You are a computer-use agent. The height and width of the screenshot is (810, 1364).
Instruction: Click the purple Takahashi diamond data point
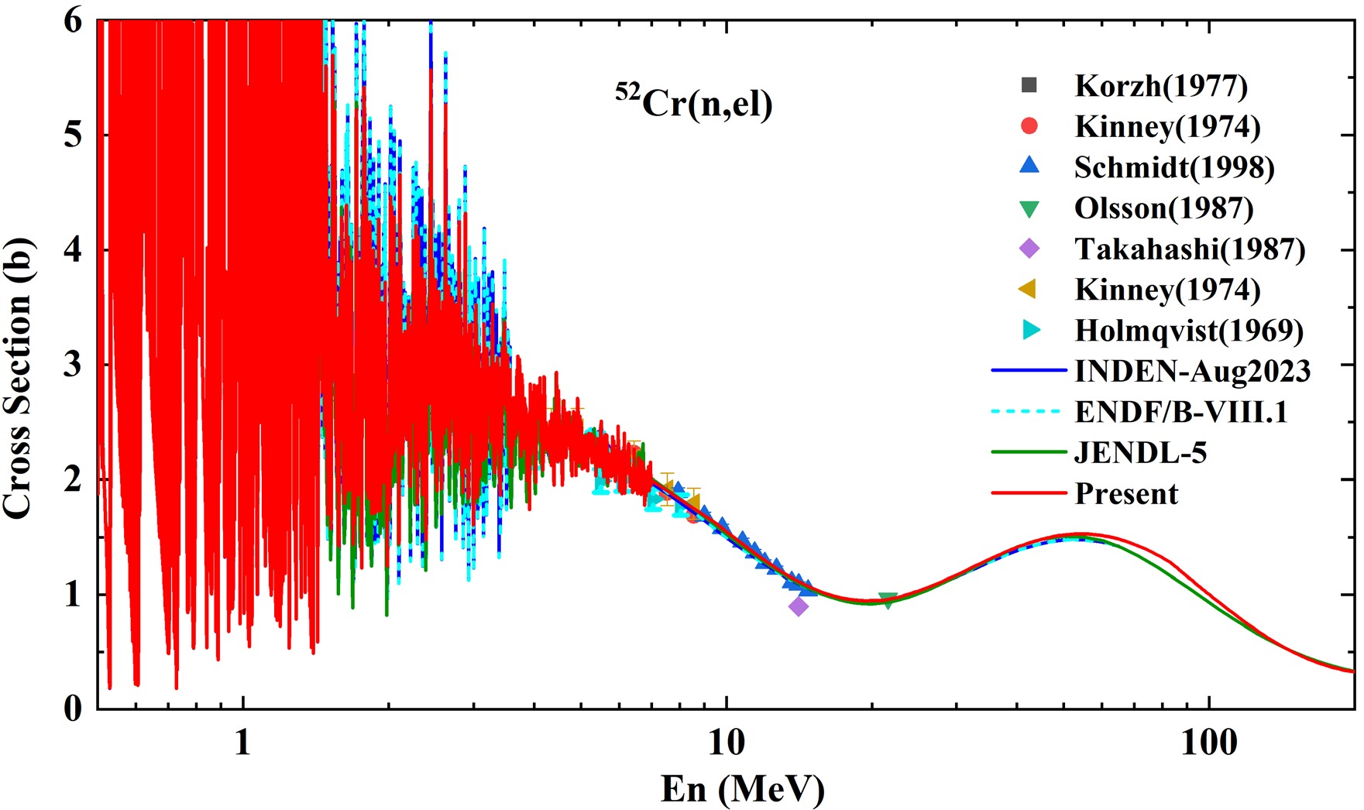pos(798,606)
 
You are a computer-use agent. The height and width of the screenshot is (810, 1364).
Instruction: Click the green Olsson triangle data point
pos(888,599)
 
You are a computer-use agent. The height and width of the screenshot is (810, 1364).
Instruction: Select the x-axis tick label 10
pos(726,743)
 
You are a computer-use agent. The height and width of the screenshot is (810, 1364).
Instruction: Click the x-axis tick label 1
pos(243,743)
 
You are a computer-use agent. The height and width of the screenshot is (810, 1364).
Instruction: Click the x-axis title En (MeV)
pos(742,788)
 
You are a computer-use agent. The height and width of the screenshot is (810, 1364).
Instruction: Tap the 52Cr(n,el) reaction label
pos(694,102)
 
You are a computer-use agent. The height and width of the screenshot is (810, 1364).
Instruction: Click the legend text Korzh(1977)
pos(1161,86)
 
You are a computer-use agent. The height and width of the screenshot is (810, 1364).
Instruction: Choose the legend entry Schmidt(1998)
pos(1173,167)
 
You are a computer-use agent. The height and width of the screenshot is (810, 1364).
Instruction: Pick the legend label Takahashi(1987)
pos(1189,249)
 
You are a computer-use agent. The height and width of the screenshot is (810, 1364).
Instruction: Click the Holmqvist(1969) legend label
pos(1189,331)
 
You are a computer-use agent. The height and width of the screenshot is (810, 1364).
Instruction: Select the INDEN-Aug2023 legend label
pos(1192,372)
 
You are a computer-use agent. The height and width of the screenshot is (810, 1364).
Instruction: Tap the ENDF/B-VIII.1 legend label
pos(1180,412)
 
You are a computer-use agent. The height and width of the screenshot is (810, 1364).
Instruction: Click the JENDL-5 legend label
pos(1140,452)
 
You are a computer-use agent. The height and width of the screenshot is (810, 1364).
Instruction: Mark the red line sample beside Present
pos(1029,493)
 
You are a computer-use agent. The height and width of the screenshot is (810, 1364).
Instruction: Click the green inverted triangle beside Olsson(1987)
pos(1029,208)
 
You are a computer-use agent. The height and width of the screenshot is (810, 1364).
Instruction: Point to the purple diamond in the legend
pos(1029,249)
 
